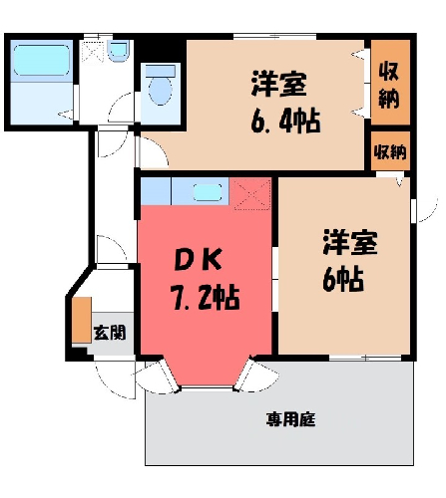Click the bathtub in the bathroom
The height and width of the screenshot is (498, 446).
coord(42,61)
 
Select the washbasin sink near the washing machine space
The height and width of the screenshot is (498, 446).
coord(118,52)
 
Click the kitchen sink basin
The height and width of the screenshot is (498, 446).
coord(208,192)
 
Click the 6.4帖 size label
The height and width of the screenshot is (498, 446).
coord(285,121)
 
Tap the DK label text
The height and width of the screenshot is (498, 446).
coord(199,260)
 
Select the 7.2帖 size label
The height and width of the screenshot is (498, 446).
coord(206,297)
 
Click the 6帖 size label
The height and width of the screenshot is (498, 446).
coord(343,280)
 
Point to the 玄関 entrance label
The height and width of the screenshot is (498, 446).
coord(110,333)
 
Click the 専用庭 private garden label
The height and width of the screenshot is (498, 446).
coord(290,419)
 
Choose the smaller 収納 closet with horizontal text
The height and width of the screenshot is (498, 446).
coord(390,151)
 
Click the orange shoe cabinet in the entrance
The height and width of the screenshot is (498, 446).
coord(82,320)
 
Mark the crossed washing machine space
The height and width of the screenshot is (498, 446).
coord(93,51)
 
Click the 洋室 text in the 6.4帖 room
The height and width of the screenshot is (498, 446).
coord(278,84)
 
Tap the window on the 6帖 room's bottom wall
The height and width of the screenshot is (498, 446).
coord(365,358)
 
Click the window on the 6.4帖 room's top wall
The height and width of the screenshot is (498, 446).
coord(274,36)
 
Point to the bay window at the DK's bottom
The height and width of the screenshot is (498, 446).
coord(207,387)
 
